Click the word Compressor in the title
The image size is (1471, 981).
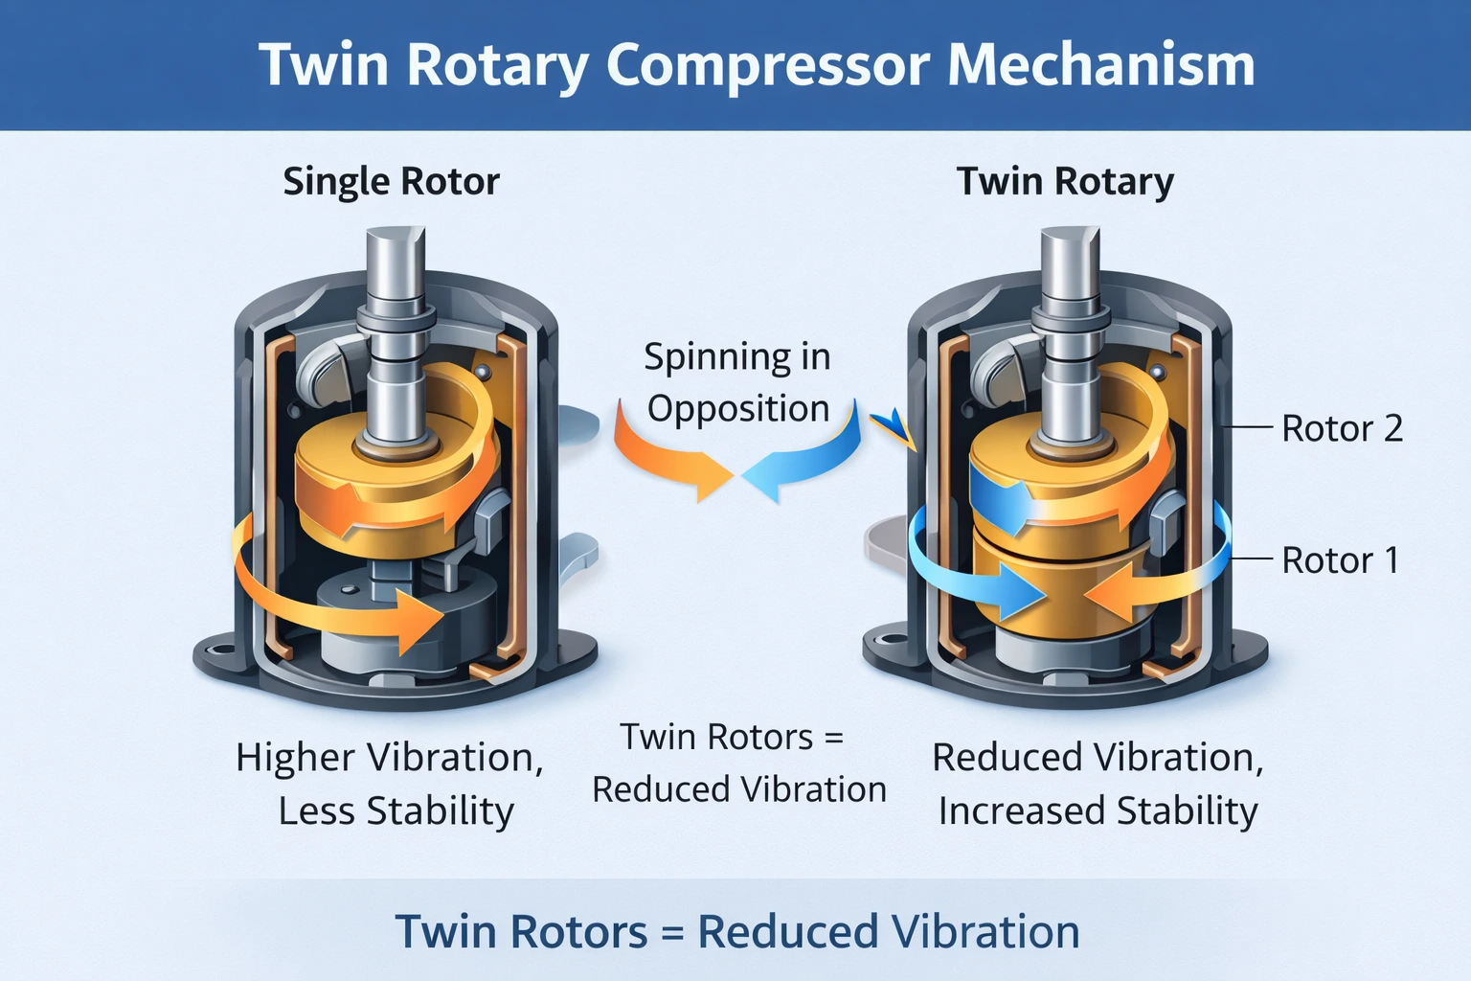click(x=767, y=65)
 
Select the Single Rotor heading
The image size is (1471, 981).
click(x=391, y=181)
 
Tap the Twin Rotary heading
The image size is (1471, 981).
click(x=1065, y=181)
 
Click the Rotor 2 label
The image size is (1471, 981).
click(x=1342, y=428)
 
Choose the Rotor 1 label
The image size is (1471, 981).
click(x=1340, y=560)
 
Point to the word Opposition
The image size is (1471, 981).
click(x=737, y=408)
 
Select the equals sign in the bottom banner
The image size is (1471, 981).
click(x=672, y=932)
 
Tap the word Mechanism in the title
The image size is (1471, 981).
click(x=1100, y=65)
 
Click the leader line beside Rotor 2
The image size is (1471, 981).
click(x=1250, y=427)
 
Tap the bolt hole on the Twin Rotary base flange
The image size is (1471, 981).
click(x=890, y=636)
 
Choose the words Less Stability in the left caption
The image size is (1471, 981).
click(x=396, y=811)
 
